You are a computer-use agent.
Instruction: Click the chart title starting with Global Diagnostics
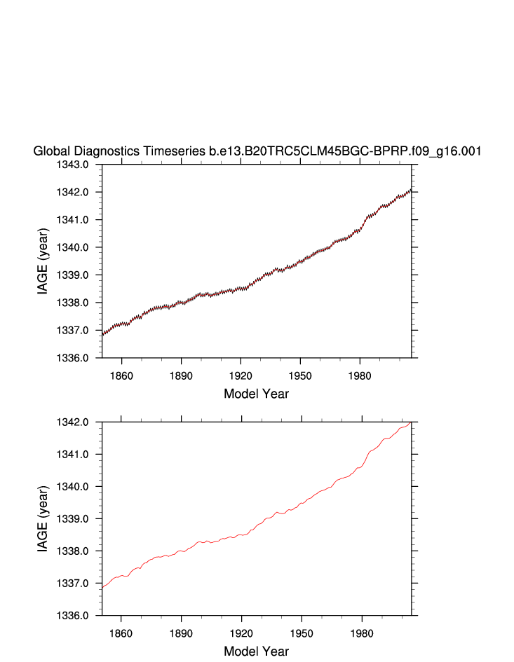(x=257, y=151)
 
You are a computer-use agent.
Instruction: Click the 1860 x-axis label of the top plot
(x=121, y=375)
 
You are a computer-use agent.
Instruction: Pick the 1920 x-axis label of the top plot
(x=241, y=375)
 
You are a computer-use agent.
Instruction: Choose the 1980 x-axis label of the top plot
(x=360, y=375)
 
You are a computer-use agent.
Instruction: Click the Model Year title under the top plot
(x=256, y=394)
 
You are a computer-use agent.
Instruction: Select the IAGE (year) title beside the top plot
(x=43, y=261)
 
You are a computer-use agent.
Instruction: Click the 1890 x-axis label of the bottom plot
(x=181, y=633)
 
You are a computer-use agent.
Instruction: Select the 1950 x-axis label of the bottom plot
(x=301, y=633)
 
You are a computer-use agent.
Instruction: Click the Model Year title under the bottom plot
(x=256, y=651)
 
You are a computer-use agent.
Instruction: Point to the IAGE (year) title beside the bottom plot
(x=43, y=518)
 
